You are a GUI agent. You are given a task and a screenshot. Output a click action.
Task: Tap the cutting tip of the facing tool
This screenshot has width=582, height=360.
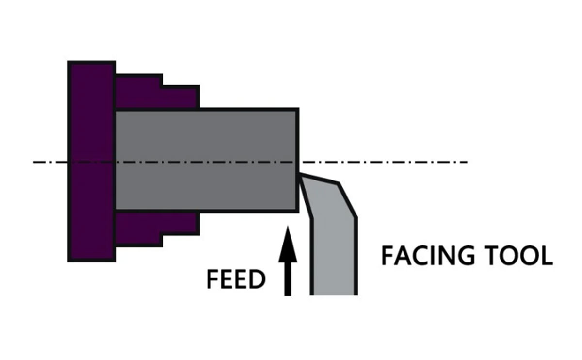[x=300, y=176]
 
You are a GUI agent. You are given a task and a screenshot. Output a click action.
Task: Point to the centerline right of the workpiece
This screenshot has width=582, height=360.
[x=388, y=162]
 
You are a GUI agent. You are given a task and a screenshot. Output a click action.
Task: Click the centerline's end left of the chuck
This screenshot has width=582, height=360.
[x=35, y=162]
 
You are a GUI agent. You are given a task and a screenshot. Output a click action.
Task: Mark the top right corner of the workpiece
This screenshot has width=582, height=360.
[x=297, y=110]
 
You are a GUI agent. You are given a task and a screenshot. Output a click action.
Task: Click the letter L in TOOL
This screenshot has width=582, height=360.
[x=547, y=256]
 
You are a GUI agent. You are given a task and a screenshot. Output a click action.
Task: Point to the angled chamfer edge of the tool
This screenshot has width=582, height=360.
[x=347, y=200]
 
